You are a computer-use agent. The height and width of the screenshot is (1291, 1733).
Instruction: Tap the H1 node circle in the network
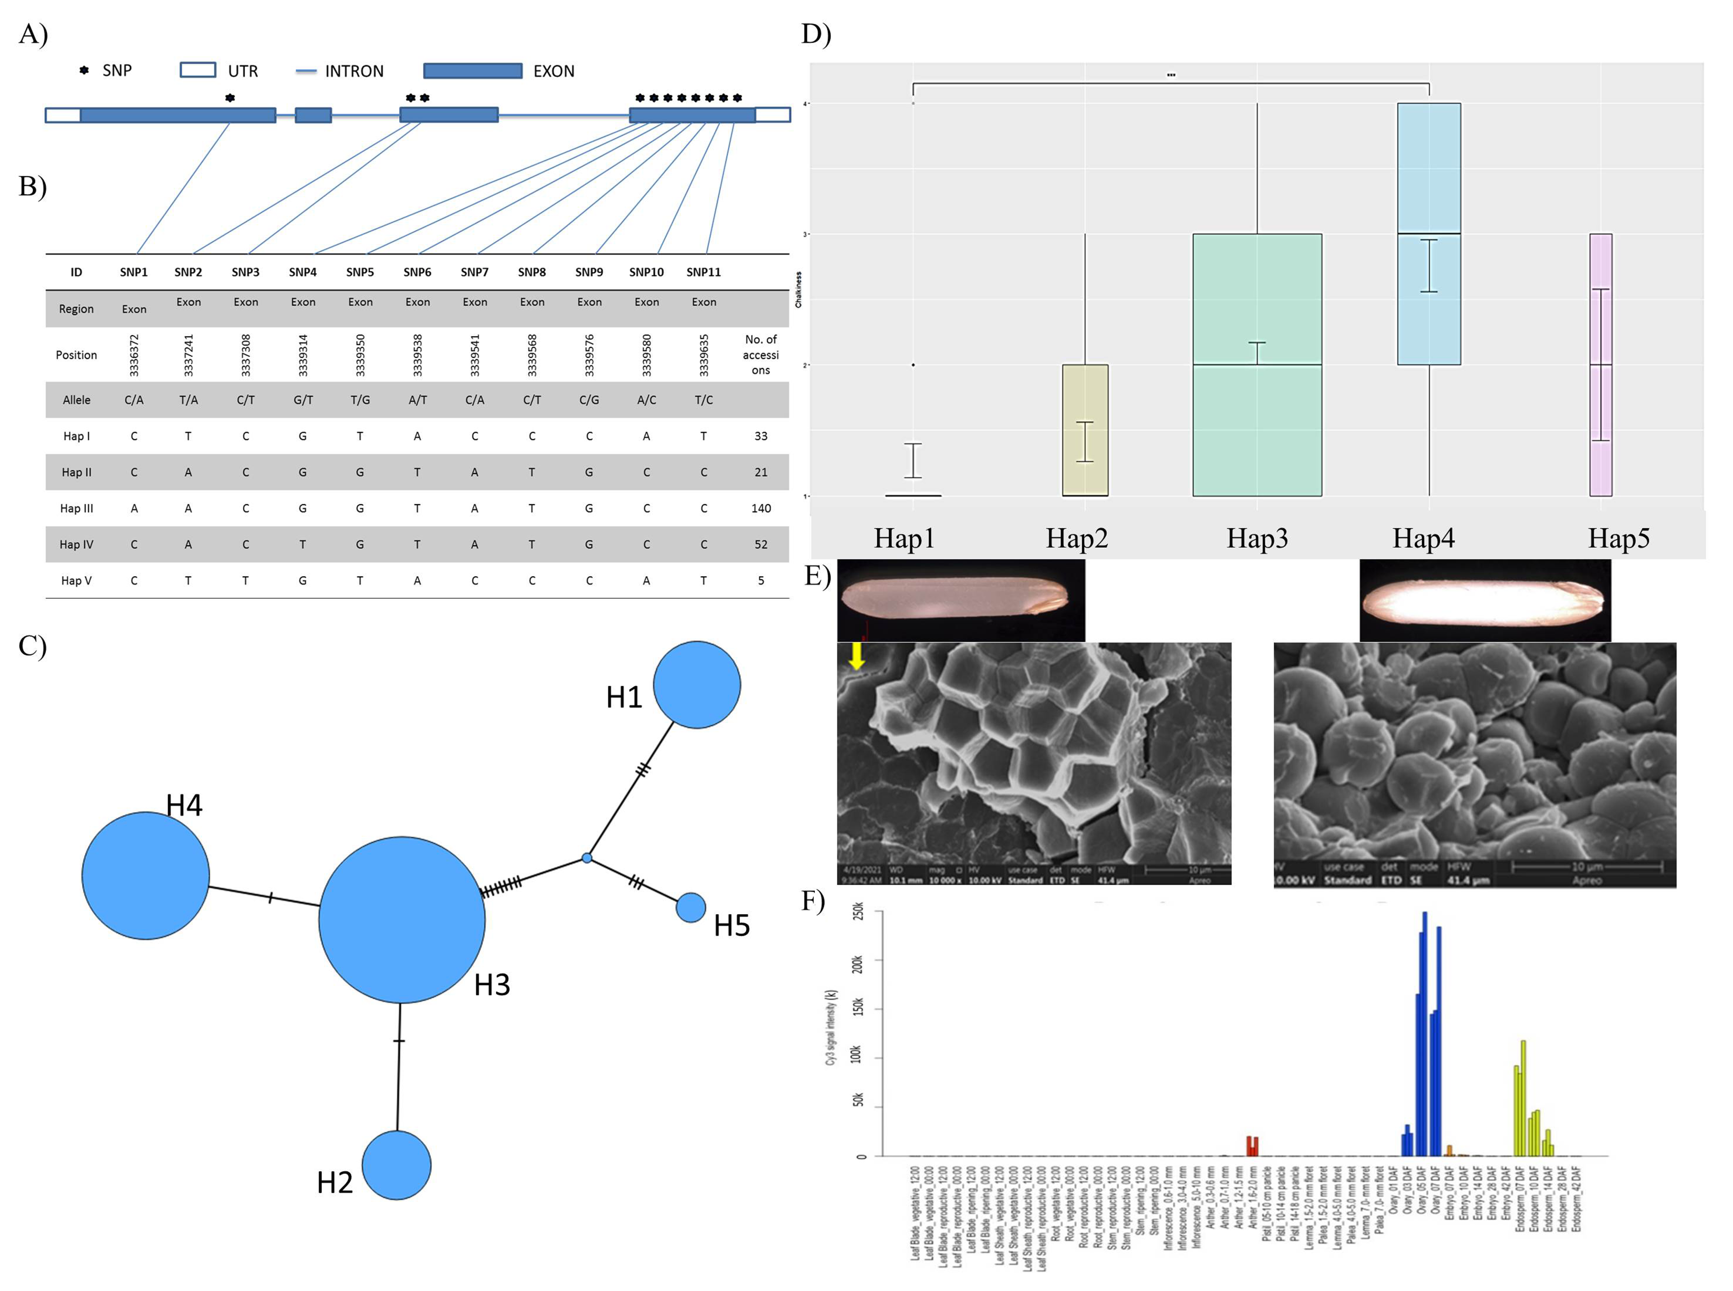pyautogui.click(x=697, y=685)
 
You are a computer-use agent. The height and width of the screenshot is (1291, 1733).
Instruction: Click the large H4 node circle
pyautogui.click(x=145, y=875)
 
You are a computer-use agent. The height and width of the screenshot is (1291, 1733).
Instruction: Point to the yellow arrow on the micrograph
pyautogui.click(x=857, y=656)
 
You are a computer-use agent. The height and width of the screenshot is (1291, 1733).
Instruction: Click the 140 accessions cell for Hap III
pyautogui.click(x=761, y=508)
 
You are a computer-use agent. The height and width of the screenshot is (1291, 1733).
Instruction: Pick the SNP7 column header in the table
pyautogui.click(x=474, y=272)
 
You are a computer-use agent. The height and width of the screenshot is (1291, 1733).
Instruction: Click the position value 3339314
pyautogui.click(x=303, y=355)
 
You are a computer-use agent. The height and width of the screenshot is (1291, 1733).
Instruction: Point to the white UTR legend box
pyautogui.click(x=198, y=70)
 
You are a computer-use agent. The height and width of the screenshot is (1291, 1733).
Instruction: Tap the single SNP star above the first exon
pyautogui.click(x=230, y=98)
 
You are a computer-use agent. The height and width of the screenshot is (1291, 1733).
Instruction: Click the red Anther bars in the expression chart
pyautogui.click(x=1252, y=1146)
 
